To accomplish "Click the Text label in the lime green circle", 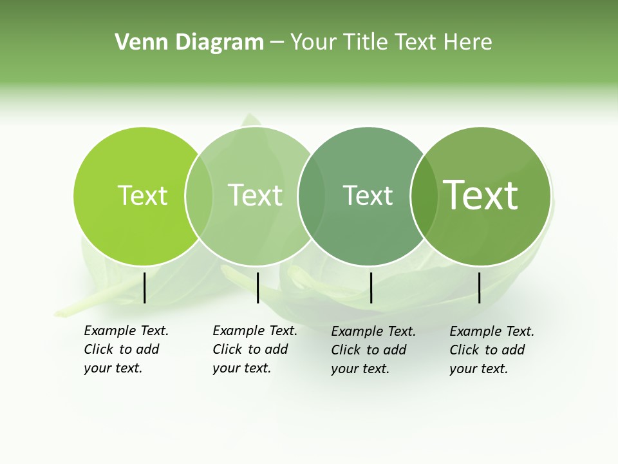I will (142, 195).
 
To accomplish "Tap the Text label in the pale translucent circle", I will (255, 195).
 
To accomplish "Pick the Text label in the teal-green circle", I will (368, 195).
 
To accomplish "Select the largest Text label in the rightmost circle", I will (480, 195).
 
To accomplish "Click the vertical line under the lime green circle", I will (144, 287).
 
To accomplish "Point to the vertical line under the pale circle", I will (257, 287).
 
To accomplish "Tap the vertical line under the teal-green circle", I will (371, 287).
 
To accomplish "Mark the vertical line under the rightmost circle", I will (480, 287).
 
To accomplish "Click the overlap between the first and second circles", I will (199, 196).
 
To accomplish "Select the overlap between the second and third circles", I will (312, 196).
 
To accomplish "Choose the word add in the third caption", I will (396, 350).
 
